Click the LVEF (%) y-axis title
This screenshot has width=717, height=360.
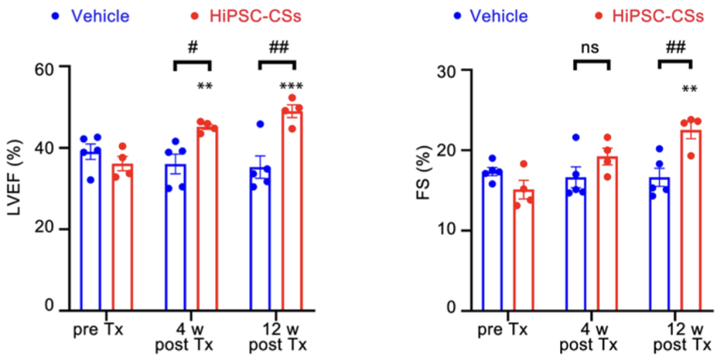click(x=15, y=188)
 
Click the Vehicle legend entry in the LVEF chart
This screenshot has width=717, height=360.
click(x=100, y=16)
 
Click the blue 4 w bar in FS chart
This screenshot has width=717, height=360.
click(x=576, y=244)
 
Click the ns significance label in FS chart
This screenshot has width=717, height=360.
click(x=592, y=47)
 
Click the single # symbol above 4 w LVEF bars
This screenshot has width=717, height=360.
click(x=191, y=46)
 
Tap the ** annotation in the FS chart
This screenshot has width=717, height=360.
click(x=690, y=91)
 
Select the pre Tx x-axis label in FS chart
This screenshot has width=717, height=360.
click(x=506, y=331)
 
